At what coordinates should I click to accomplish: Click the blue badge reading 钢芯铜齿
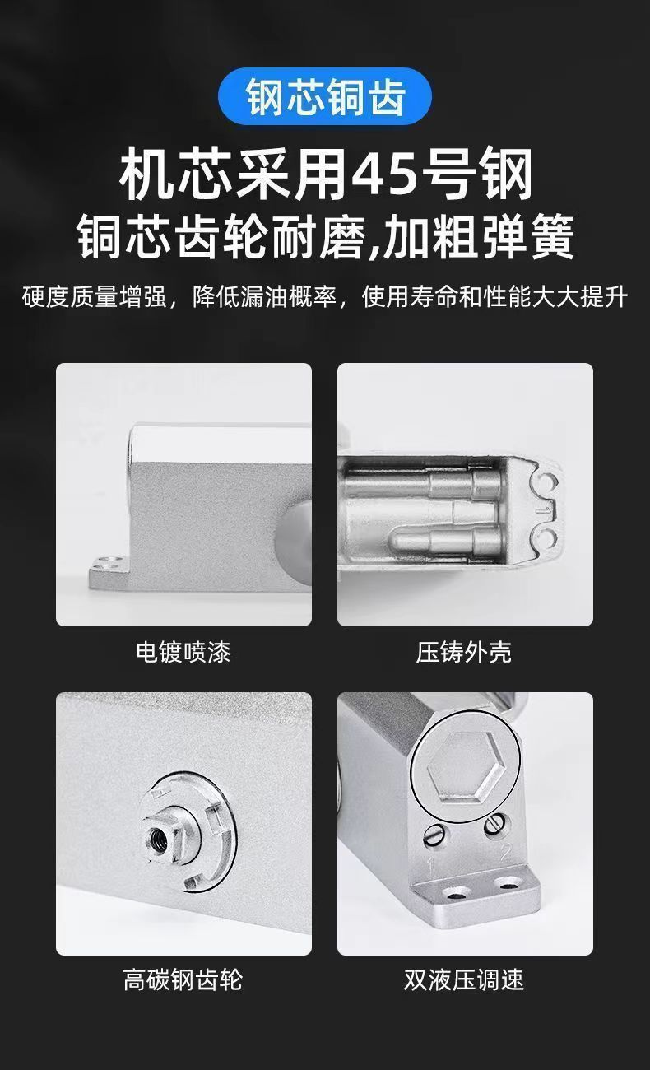point(325,96)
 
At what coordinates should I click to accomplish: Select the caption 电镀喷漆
point(183,652)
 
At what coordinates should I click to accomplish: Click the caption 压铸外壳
point(464,652)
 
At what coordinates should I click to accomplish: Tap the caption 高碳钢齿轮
point(183,979)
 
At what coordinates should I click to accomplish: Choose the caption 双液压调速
point(464,979)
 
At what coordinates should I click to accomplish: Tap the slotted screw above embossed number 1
point(434,835)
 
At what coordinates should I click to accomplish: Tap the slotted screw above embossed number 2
point(493,825)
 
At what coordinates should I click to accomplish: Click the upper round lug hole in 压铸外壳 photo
point(547,482)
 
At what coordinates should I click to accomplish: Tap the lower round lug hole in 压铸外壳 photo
point(547,537)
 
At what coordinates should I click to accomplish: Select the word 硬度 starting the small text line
point(46,297)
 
